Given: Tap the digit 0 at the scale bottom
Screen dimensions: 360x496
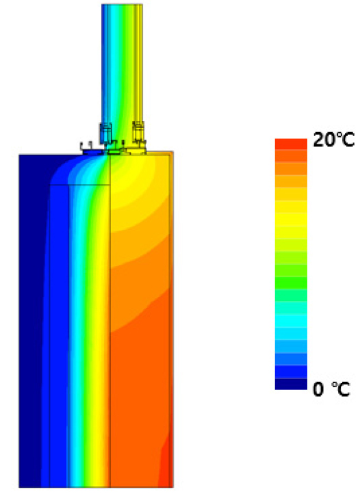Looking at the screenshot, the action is tap(318, 389).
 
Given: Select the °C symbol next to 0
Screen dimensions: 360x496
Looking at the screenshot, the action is tap(341, 389).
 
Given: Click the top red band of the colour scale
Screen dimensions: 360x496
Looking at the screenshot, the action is tap(291, 144).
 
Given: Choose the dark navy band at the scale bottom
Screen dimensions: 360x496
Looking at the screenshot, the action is tap(291, 384).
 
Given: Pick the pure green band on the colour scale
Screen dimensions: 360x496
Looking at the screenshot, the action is tap(291, 283).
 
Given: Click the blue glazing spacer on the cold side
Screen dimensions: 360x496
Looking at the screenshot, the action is tap(105, 133).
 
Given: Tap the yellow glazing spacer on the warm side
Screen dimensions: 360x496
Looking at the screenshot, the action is tap(138, 131).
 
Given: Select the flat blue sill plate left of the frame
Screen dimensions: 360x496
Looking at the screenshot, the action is tap(93, 152).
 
